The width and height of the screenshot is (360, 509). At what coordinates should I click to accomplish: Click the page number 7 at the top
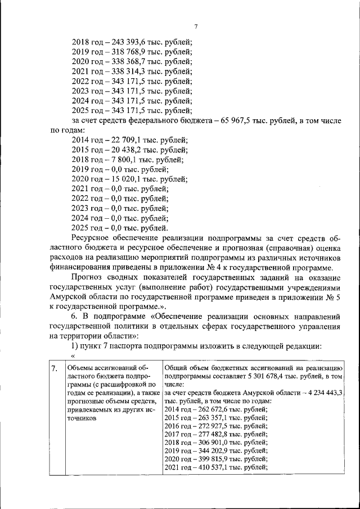(x=196, y=26)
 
